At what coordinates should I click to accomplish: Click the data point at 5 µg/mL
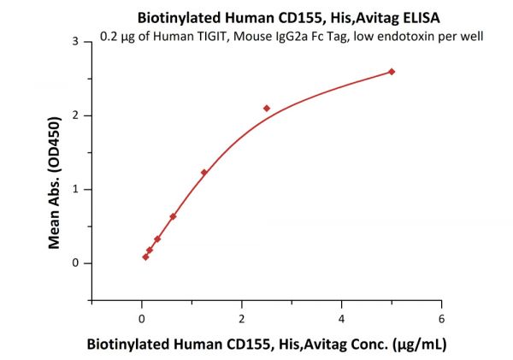[392, 72]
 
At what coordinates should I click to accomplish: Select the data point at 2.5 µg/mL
[267, 109]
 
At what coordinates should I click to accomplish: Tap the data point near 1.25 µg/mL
[203, 173]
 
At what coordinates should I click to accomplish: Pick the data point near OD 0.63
[173, 216]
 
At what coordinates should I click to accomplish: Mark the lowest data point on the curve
[145, 257]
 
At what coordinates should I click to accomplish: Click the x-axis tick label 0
[142, 319]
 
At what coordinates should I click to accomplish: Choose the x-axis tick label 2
[242, 319]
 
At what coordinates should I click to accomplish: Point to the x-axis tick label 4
[342, 319]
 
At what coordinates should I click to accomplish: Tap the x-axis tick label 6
[441, 319]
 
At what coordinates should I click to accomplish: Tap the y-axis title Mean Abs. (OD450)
[54, 170]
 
